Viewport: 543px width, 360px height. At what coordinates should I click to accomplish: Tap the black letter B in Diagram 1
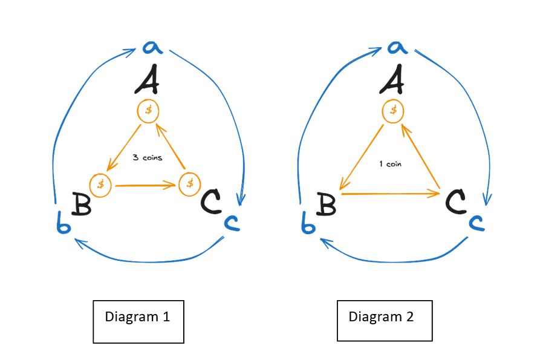pos(81,204)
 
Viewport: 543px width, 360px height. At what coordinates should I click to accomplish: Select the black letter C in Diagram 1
pos(211,201)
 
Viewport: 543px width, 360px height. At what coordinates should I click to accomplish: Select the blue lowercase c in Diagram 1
pos(232,223)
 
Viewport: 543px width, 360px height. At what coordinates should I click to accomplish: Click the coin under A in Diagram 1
pos(148,111)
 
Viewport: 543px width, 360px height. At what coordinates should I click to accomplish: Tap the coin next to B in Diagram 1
pos(101,184)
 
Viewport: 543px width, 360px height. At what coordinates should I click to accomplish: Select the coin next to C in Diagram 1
pos(189,182)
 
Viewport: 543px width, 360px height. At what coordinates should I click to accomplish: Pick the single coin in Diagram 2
pos(394,110)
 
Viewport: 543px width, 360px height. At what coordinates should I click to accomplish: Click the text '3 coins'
pos(148,158)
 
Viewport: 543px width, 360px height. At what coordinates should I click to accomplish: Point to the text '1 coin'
pos(390,164)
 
